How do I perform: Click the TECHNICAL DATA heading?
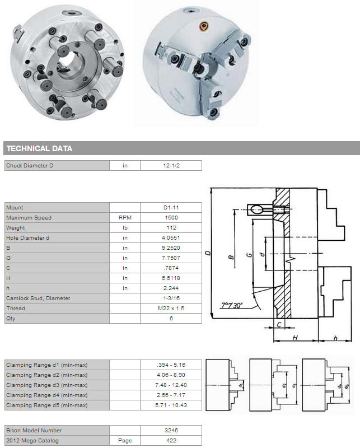pyautogui.click(x=39, y=148)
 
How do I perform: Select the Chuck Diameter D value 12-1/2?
pyautogui.click(x=171, y=165)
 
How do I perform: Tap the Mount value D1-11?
pyautogui.click(x=171, y=207)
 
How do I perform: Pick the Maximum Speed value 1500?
pyautogui.click(x=171, y=217)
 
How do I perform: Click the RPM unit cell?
pyautogui.click(x=125, y=217)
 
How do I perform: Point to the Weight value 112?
pyautogui.click(x=171, y=228)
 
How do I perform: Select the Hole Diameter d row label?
pyautogui.click(x=28, y=237)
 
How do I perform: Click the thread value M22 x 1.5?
pyautogui.click(x=171, y=309)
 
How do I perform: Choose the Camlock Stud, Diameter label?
pyautogui.click(x=38, y=298)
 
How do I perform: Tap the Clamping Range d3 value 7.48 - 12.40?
pyautogui.click(x=171, y=385)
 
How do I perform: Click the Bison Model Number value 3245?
pyautogui.click(x=171, y=430)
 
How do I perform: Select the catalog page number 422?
pyautogui.click(x=171, y=440)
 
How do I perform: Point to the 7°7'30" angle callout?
pyautogui.click(x=232, y=305)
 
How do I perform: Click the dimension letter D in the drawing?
pyautogui.click(x=208, y=253)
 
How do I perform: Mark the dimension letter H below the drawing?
pyautogui.click(x=295, y=338)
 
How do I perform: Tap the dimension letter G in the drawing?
pyautogui.click(x=250, y=254)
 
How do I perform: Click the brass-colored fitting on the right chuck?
pyautogui.click(x=204, y=26)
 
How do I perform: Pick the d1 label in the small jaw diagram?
pyautogui.click(x=241, y=385)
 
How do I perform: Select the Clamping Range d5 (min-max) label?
pyautogui.click(x=47, y=405)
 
